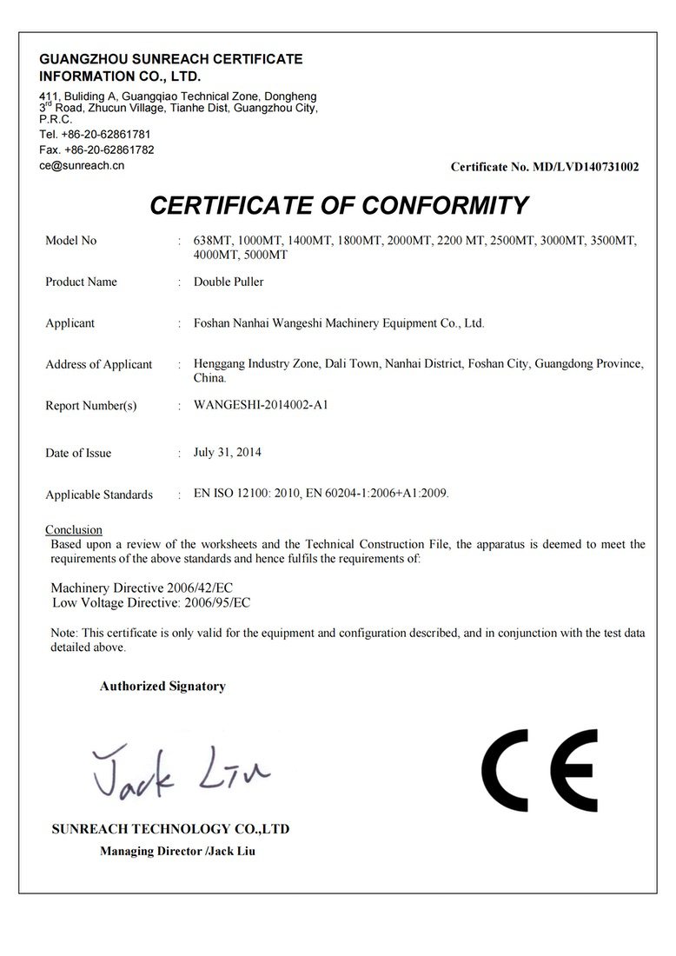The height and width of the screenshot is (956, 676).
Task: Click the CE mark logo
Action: point(539,770)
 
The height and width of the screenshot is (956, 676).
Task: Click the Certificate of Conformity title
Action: point(339,205)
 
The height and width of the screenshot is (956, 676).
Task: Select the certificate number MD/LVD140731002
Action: point(585,167)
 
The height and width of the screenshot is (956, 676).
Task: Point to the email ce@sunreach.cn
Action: point(83,164)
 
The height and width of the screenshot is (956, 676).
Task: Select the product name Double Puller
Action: point(229,282)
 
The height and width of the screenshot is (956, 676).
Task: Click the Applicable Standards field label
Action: point(99,495)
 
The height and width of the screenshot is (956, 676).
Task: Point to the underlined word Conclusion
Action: point(74,529)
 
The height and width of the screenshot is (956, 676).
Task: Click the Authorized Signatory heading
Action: point(162,686)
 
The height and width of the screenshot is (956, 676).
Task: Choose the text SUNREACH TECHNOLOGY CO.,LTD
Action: point(170,829)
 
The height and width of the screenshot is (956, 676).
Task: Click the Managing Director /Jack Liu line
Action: point(177,851)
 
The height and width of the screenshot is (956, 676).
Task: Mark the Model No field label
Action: point(70,240)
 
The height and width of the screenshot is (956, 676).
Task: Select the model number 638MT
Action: point(212,241)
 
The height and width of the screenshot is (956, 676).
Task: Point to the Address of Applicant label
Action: point(98,364)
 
